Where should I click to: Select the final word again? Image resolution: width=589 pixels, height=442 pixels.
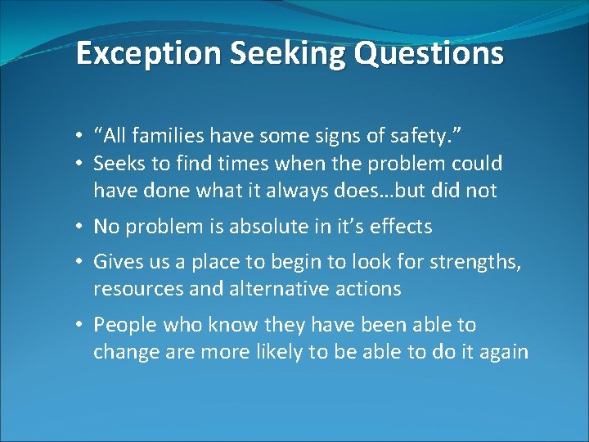pos(504,353)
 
